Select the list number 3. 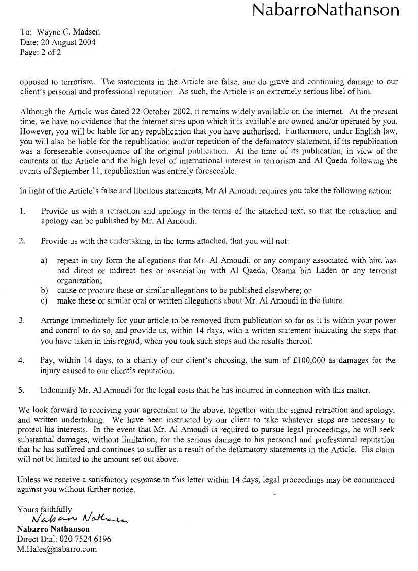pyautogui.click(x=22, y=321)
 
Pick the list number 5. pyautogui.click(x=22, y=390)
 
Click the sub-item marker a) pyautogui.click(x=45, y=260)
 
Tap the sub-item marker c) pyautogui.click(x=45, y=300)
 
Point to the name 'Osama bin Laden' pyautogui.click(x=292, y=271)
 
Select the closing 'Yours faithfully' pyautogui.click(x=45, y=509)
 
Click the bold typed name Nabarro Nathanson pyautogui.click(x=54, y=529)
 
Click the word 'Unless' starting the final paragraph pyautogui.click(x=29, y=480)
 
